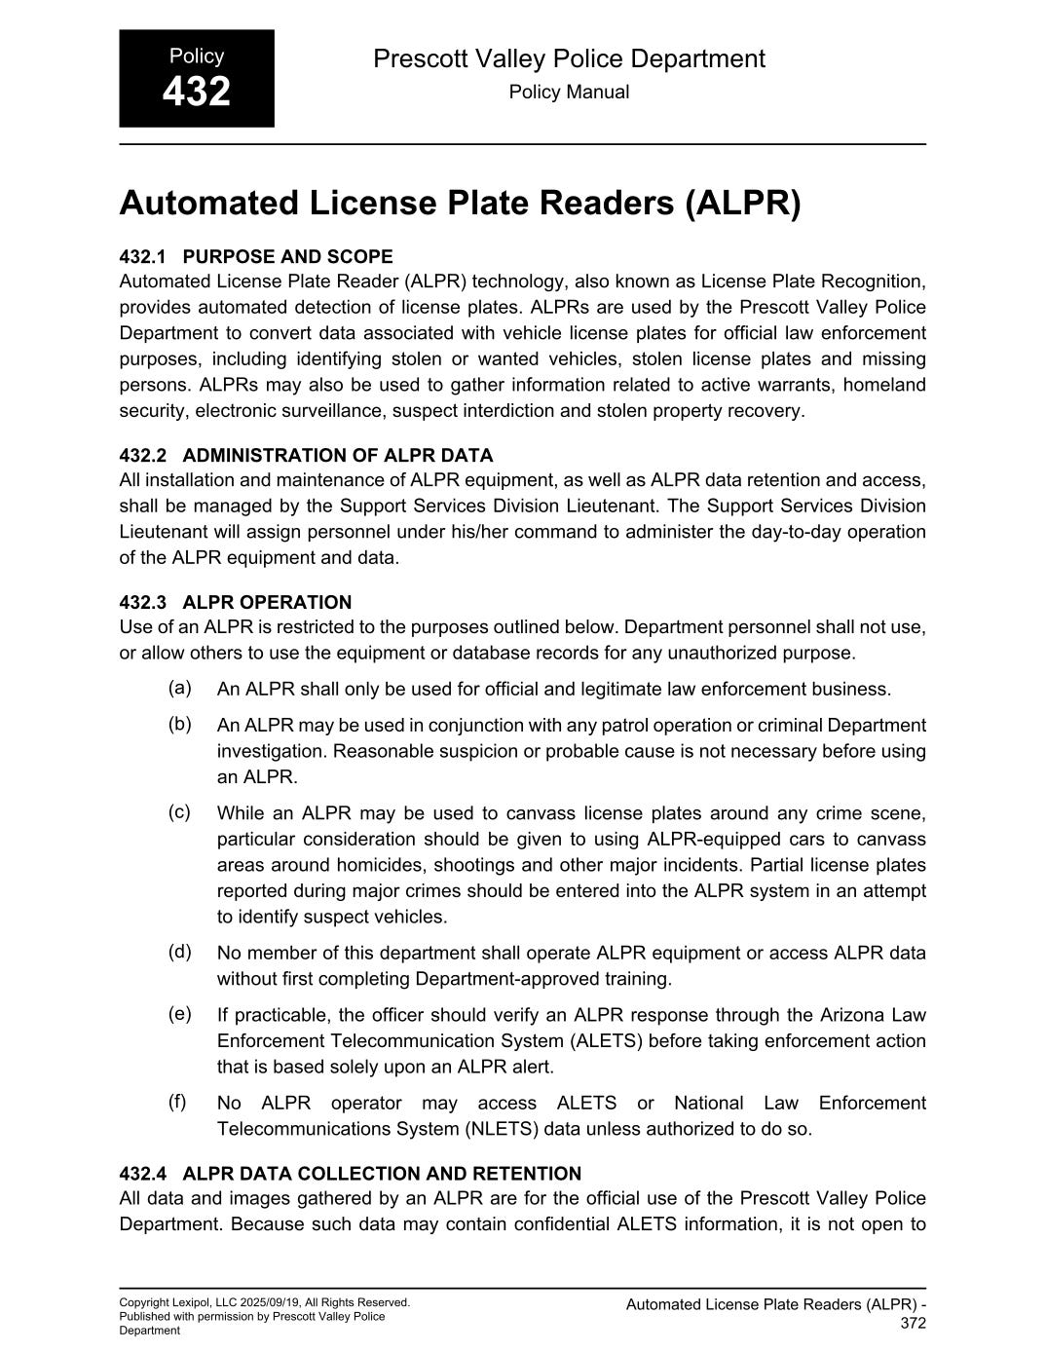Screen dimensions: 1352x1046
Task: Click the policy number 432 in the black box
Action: (196, 93)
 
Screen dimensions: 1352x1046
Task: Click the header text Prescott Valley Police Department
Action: (569, 58)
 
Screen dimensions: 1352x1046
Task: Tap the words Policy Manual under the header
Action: (569, 93)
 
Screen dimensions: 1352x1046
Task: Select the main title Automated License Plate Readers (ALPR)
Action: (460, 203)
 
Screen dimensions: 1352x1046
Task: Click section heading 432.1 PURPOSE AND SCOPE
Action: (256, 256)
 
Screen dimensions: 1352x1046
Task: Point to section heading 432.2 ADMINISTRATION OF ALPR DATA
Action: (306, 455)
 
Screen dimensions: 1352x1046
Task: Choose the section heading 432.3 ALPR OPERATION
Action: (236, 602)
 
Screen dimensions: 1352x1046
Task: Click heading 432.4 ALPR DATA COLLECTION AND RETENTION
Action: (351, 1173)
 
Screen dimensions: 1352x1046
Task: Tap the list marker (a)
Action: (179, 688)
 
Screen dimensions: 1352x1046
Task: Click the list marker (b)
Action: (179, 724)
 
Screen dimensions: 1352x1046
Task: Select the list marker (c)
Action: (179, 811)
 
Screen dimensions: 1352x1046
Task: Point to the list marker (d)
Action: (179, 951)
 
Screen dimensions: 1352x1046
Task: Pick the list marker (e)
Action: (179, 1013)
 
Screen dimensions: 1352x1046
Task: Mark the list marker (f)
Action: (177, 1101)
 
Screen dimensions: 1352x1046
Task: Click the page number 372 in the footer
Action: (913, 1323)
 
